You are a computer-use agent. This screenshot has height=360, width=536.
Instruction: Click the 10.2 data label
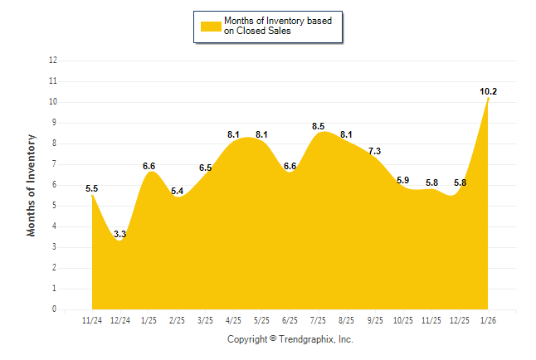[489, 91]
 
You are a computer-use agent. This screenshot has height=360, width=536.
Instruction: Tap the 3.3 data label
[120, 235]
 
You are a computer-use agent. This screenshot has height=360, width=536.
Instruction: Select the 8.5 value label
[318, 126]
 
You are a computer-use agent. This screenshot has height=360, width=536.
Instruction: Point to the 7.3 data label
[374, 151]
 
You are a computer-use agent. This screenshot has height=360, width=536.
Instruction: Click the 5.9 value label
[403, 180]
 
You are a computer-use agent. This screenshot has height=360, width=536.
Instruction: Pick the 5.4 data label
[177, 191]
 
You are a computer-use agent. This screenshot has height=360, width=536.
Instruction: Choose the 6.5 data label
[205, 168]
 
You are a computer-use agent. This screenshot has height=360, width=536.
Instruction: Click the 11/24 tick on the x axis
[92, 320]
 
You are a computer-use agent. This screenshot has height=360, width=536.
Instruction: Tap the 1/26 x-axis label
[488, 320]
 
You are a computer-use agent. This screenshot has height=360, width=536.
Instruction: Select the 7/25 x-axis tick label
[318, 320]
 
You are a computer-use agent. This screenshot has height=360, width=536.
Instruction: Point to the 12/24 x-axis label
[120, 320]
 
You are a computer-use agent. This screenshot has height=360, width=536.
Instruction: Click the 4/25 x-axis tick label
[233, 320]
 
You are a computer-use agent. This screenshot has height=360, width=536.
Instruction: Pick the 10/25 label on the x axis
[403, 320]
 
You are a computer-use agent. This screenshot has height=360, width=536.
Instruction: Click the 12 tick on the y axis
[53, 61]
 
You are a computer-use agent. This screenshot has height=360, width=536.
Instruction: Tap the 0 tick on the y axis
[55, 309]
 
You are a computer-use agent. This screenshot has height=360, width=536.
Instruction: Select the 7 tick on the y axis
[55, 164]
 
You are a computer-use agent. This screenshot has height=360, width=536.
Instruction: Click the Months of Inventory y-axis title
[32, 185]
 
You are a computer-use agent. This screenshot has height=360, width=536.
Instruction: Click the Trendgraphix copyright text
[290, 339]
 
